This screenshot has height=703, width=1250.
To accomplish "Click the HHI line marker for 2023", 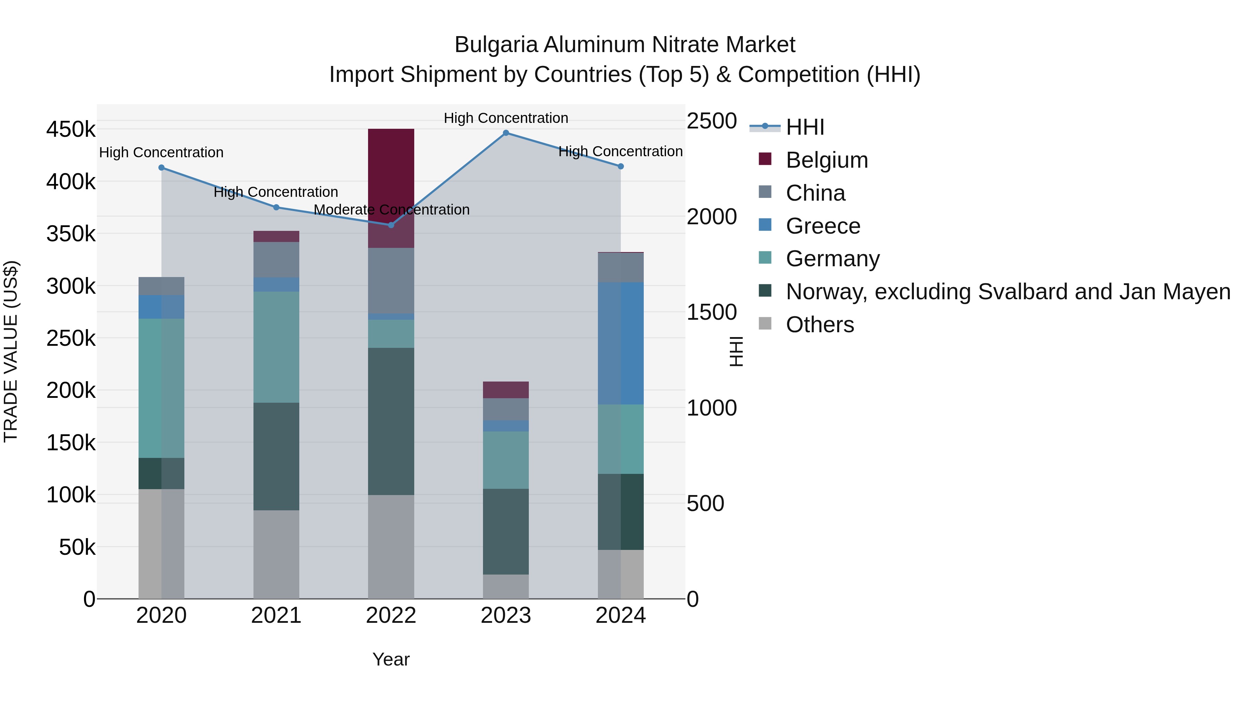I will click(x=506, y=133).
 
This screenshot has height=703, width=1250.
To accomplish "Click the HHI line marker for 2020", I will click(x=161, y=168).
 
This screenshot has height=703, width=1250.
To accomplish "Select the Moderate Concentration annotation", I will click(x=392, y=210).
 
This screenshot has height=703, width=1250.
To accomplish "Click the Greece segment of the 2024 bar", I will click(x=620, y=343).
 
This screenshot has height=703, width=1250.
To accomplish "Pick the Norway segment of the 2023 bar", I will click(x=506, y=532).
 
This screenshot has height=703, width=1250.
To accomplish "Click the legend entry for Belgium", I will click(x=826, y=160).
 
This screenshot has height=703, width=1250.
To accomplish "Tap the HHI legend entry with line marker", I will click(x=805, y=127).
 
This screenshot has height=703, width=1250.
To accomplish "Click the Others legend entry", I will click(x=819, y=325).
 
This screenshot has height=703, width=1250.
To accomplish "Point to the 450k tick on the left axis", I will click(x=71, y=129).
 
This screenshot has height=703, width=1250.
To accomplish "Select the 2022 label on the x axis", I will click(x=391, y=616).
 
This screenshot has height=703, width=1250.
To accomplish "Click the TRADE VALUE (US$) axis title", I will click(x=11, y=351).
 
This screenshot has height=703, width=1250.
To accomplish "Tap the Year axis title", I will click(x=391, y=659).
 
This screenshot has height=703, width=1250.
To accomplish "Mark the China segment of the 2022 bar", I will click(x=391, y=281).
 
